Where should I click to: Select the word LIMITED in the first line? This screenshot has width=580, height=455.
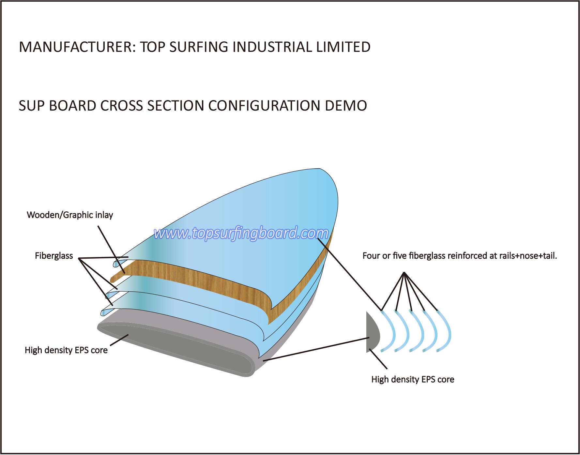[x=343, y=47]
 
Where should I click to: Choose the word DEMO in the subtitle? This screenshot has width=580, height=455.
[x=346, y=106]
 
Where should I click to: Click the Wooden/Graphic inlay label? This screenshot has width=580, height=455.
[x=70, y=215]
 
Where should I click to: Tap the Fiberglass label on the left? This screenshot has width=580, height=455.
[x=54, y=256]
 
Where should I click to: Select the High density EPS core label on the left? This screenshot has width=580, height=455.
[x=66, y=350]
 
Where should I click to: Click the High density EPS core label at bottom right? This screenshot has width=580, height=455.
[x=413, y=379]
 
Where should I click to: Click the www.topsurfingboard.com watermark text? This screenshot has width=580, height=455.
[x=241, y=233]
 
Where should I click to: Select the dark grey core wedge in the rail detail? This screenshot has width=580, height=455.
[x=373, y=332]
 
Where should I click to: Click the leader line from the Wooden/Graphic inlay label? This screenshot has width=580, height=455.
[x=111, y=250]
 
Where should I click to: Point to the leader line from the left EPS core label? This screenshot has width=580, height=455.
[x=119, y=340]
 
